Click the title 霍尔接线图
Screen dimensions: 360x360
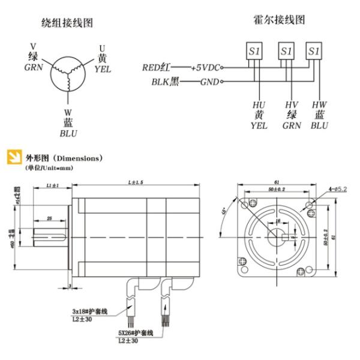click(280, 20)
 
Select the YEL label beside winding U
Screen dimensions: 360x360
click(103, 68)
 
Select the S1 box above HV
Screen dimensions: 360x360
click(287, 52)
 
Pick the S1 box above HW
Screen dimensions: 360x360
click(313, 52)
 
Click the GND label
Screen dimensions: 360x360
click(209, 81)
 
